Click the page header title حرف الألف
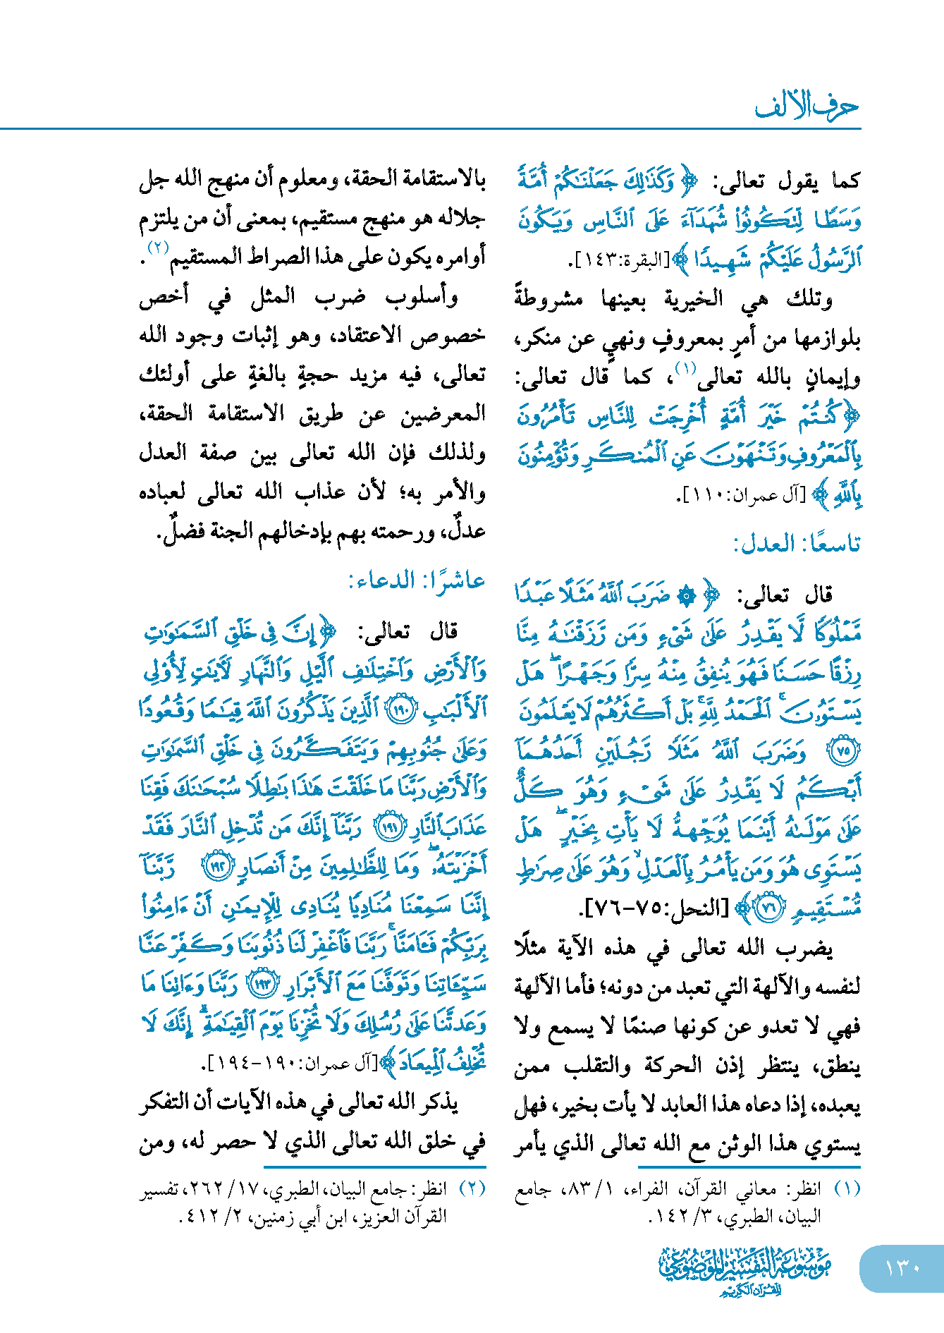tap(807, 106)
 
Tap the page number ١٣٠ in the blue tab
tap(902, 1267)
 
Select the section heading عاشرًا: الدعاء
tap(417, 581)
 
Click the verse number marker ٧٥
tap(843, 751)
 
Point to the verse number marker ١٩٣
tap(264, 985)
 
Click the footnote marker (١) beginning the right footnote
tap(847, 1189)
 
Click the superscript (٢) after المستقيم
tap(158, 248)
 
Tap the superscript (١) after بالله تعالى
tap(685, 367)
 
